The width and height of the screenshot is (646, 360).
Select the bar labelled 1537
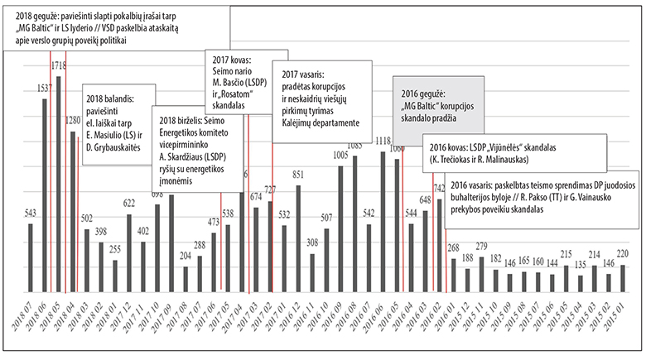click(45, 199)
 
